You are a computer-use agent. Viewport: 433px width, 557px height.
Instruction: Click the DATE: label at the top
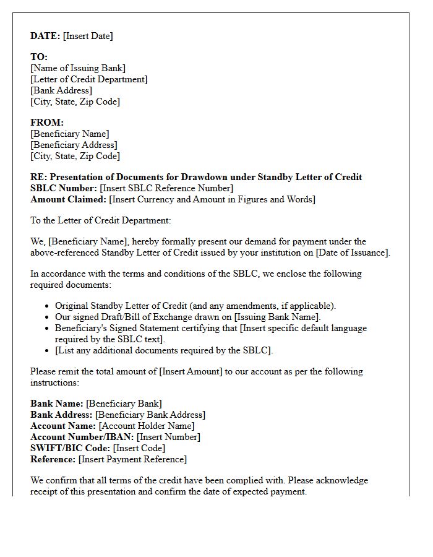point(45,36)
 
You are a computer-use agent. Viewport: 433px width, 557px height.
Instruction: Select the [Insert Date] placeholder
point(88,36)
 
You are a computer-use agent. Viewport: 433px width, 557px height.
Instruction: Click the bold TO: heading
point(39,57)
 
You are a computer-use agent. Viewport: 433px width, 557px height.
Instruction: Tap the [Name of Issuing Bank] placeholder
point(78,68)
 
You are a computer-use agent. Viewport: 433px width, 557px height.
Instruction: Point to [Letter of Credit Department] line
point(89,79)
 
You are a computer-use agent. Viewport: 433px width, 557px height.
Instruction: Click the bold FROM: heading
point(47,123)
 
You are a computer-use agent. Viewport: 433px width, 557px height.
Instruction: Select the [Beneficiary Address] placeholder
point(74,145)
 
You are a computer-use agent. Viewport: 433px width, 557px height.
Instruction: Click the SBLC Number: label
point(64,188)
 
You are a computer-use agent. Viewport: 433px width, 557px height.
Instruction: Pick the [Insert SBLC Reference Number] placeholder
point(166,188)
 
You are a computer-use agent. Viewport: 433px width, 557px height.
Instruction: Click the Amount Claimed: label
point(68,199)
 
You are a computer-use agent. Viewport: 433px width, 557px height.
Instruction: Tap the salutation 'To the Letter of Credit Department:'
point(100,220)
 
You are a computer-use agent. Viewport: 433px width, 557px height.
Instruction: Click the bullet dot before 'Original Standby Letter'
point(48,306)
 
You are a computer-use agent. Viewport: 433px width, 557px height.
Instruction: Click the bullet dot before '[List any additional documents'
point(48,351)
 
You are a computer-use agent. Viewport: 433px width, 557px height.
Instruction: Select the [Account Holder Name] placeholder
point(147,426)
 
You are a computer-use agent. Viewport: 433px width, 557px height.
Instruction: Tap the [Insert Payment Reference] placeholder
point(132,459)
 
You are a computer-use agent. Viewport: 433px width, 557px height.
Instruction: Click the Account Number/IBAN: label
point(82,437)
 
